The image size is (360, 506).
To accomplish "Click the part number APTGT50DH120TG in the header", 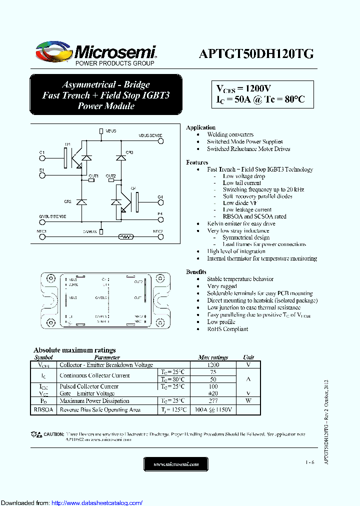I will tap(256, 54).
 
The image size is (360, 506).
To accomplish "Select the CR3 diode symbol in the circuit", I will tap(120, 158).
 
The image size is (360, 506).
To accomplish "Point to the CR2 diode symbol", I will tap(81, 202).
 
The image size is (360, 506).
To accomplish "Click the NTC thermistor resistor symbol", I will tap(125, 237).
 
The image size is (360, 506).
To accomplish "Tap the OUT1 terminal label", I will tap(93, 176).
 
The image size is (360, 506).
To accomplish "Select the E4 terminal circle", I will tap(160, 219).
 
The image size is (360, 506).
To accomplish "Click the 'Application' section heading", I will tap(200, 127).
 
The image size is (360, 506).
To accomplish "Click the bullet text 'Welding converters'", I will tap(230, 134).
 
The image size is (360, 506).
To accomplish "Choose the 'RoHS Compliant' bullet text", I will tap(227, 329).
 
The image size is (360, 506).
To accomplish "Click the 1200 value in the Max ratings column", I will tap(213, 365).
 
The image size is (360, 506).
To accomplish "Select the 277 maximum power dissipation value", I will tap(213, 400).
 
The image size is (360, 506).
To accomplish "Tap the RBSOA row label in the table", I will tap(43, 409).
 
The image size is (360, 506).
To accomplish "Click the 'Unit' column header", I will tap(248, 357).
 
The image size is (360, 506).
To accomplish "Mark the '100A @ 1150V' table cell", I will tap(213, 409).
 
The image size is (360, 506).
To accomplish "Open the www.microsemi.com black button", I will tap(176, 464).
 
